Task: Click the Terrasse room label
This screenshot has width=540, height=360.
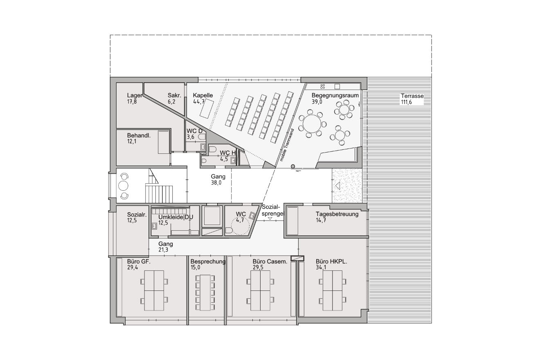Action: (x=412, y=96)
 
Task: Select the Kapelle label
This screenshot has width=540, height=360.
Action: (x=203, y=95)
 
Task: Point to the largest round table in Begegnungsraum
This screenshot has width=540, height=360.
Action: (x=312, y=123)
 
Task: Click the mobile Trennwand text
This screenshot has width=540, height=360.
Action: (x=287, y=145)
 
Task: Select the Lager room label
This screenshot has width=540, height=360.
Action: (x=135, y=95)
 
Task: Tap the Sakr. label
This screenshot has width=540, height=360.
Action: (x=174, y=95)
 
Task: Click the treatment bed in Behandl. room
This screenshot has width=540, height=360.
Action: (x=164, y=142)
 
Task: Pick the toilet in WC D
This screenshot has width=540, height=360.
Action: (x=202, y=137)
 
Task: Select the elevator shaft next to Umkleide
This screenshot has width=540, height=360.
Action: (x=212, y=216)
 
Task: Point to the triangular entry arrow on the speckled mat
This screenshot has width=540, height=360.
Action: (x=337, y=186)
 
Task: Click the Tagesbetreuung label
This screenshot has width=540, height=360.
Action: (x=337, y=214)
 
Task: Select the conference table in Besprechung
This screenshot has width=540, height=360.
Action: (x=205, y=292)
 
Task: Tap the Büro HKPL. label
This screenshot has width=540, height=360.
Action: (x=331, y=261)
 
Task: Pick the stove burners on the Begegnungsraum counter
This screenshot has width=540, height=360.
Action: (x=322, y=86)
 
